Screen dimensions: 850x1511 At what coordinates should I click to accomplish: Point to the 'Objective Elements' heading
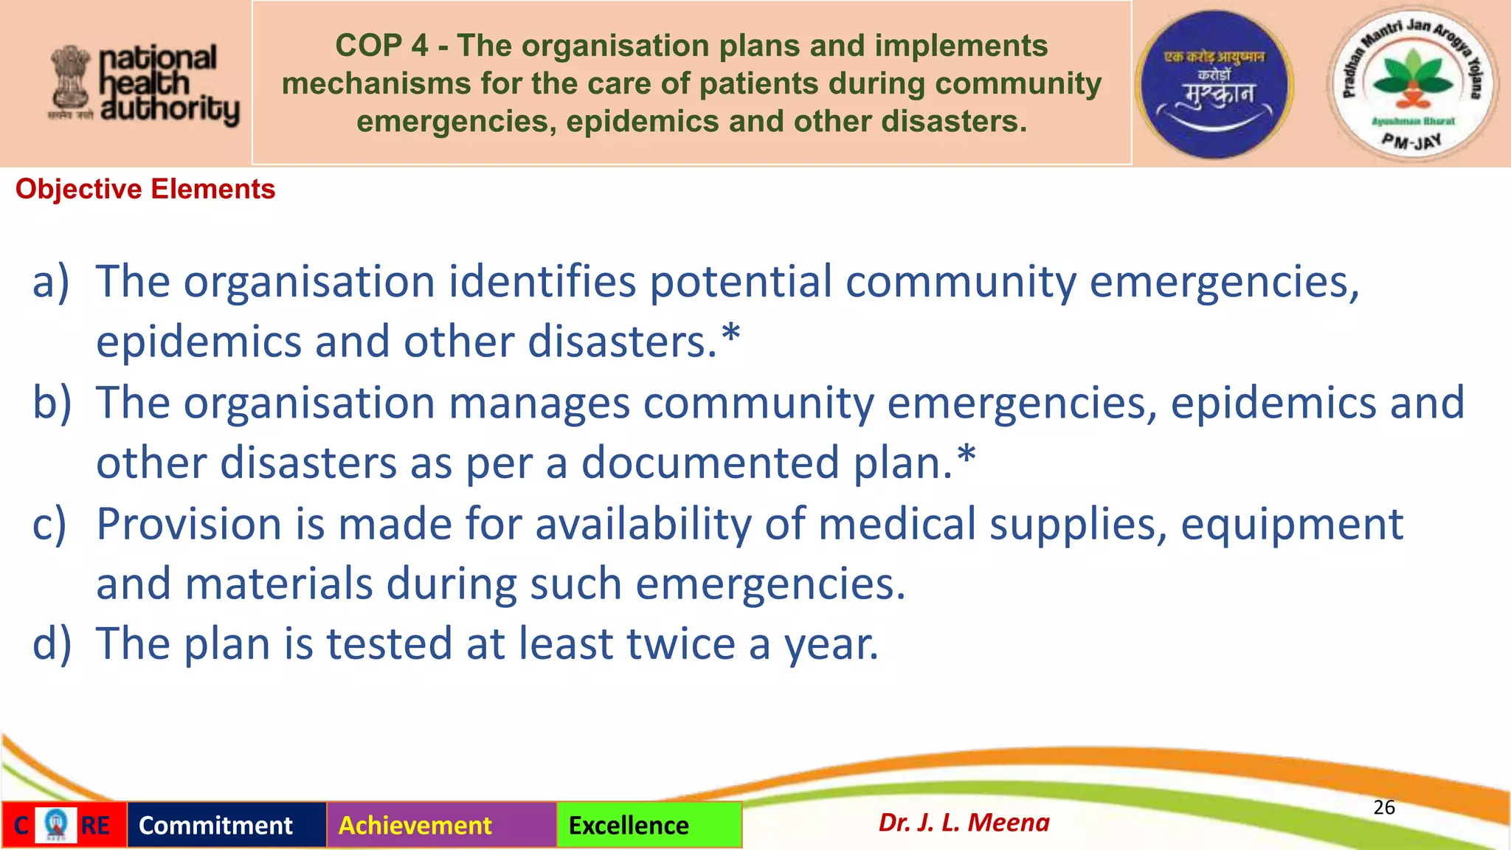pyautogui.click(x=145, y=190)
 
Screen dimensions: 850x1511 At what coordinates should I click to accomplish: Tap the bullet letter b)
pyautogui.click(x=52, y=403)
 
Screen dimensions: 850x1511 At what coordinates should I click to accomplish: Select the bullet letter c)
pyautogui.click(x=49, y=524)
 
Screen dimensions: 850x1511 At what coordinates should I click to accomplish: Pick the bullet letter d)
pyautogui.click(x=52, y=643)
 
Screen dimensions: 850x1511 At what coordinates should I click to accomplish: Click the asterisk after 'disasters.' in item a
pyautogui.click(x=730, y=336)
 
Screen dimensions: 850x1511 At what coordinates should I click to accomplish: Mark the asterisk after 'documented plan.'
pyautogui.click(x=967, y=456)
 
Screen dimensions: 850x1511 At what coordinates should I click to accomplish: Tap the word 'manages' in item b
pyautogui.click(x=539, y=404)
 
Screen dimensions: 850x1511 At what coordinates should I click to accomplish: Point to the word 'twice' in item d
pyautogui.click(x=680, y=643)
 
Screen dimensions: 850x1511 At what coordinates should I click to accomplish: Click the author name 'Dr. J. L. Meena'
pyautogui.click(x=964, y=822)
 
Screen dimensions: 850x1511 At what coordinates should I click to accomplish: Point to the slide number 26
pyautogui.click(x=1384, y=807)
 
